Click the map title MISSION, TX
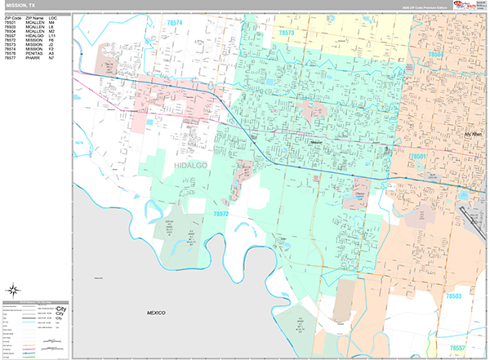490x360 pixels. [x=20, y=5]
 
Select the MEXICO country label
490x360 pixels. [x=156, y=313]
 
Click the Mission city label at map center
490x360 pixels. [x=318, y=142]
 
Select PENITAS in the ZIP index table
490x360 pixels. [x=34, y=53]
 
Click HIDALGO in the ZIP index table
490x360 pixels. [x=34, y=35]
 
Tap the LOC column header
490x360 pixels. [x=52, y=16]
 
